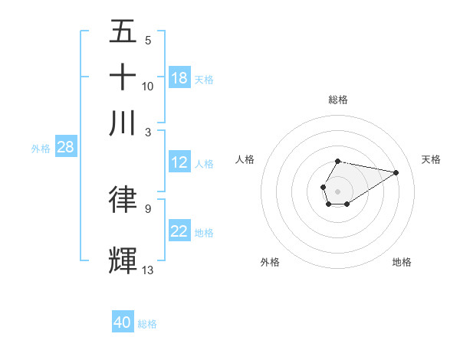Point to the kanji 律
tap(123, 198)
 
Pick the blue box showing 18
tap(179, 78)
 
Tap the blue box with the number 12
tap(179, 162)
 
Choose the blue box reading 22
tap(179, 231)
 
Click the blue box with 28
tap(65, 148)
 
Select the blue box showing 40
tap(123, 322)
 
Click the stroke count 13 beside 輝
tap(148, 270)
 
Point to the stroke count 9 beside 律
tap(148, 208)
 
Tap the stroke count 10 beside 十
tap(148, 86)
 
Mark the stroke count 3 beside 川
tap(148, 132)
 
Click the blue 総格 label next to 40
tap(147, 324)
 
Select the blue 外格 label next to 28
tap(41, 149)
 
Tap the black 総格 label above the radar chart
tap(337, 100)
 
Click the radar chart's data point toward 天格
tap(396, 172)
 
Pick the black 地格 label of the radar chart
tap(402, 262)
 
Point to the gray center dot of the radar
tap(337, 190)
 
